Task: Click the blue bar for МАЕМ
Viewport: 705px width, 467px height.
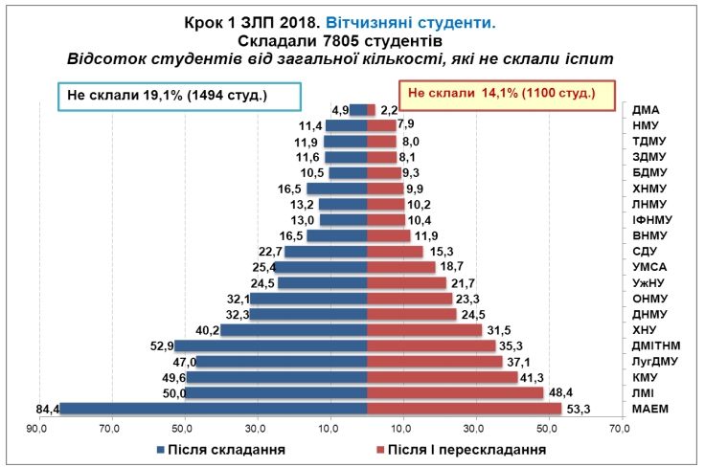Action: point(213,409)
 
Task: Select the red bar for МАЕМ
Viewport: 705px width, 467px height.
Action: point(465,409)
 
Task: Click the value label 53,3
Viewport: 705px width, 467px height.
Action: point(578,409)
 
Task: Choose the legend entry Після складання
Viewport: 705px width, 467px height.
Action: point(219,448)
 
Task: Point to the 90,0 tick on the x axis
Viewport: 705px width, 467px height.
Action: point(37,428)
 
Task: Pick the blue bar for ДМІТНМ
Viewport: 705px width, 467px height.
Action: point(270,345)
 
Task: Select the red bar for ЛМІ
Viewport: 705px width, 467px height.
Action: point(455,393)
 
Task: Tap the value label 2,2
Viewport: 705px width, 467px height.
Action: point(389,109)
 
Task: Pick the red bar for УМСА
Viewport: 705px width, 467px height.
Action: point(401,267)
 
